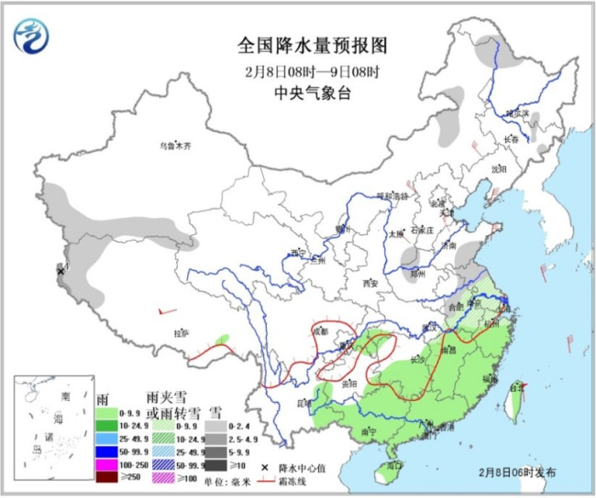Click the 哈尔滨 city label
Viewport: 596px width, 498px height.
click(519, 112)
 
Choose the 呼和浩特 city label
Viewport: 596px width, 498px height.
click(394, 195)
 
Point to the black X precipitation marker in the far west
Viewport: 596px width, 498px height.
click(61, 272)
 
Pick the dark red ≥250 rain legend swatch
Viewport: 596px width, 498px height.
click(107, 477)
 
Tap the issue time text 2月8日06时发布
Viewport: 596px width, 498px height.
click(516, 472)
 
